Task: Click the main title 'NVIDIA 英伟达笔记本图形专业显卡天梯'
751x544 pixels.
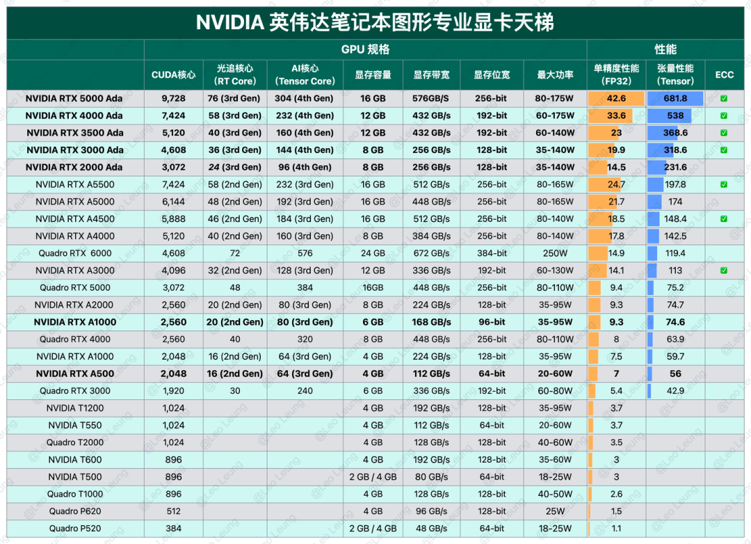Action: [375, 22]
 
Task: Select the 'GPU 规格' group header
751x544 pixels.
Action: [365, 50]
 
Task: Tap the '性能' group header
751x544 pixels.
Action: [665, 50]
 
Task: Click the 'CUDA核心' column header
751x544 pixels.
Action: [173, 75]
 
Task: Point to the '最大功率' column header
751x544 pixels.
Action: [555, 75]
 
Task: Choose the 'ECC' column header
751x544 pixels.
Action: [724, 75]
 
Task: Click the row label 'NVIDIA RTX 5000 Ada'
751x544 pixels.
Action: [74, 99]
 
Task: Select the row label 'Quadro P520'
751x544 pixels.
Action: [74, 529]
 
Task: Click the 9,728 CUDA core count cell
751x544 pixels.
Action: [173, 99]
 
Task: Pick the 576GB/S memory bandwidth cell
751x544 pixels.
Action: [431, 99]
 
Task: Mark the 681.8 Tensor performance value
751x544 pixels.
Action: [675, 99]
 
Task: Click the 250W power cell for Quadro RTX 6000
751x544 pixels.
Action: [555, 253]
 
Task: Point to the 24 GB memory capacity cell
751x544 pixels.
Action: [373, 253]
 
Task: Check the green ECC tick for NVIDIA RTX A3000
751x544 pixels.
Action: [724, 271]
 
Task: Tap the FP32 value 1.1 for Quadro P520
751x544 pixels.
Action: [616, 529]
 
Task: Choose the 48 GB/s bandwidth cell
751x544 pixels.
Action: [431, 529]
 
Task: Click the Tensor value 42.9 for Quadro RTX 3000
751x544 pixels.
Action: [675, 391]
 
